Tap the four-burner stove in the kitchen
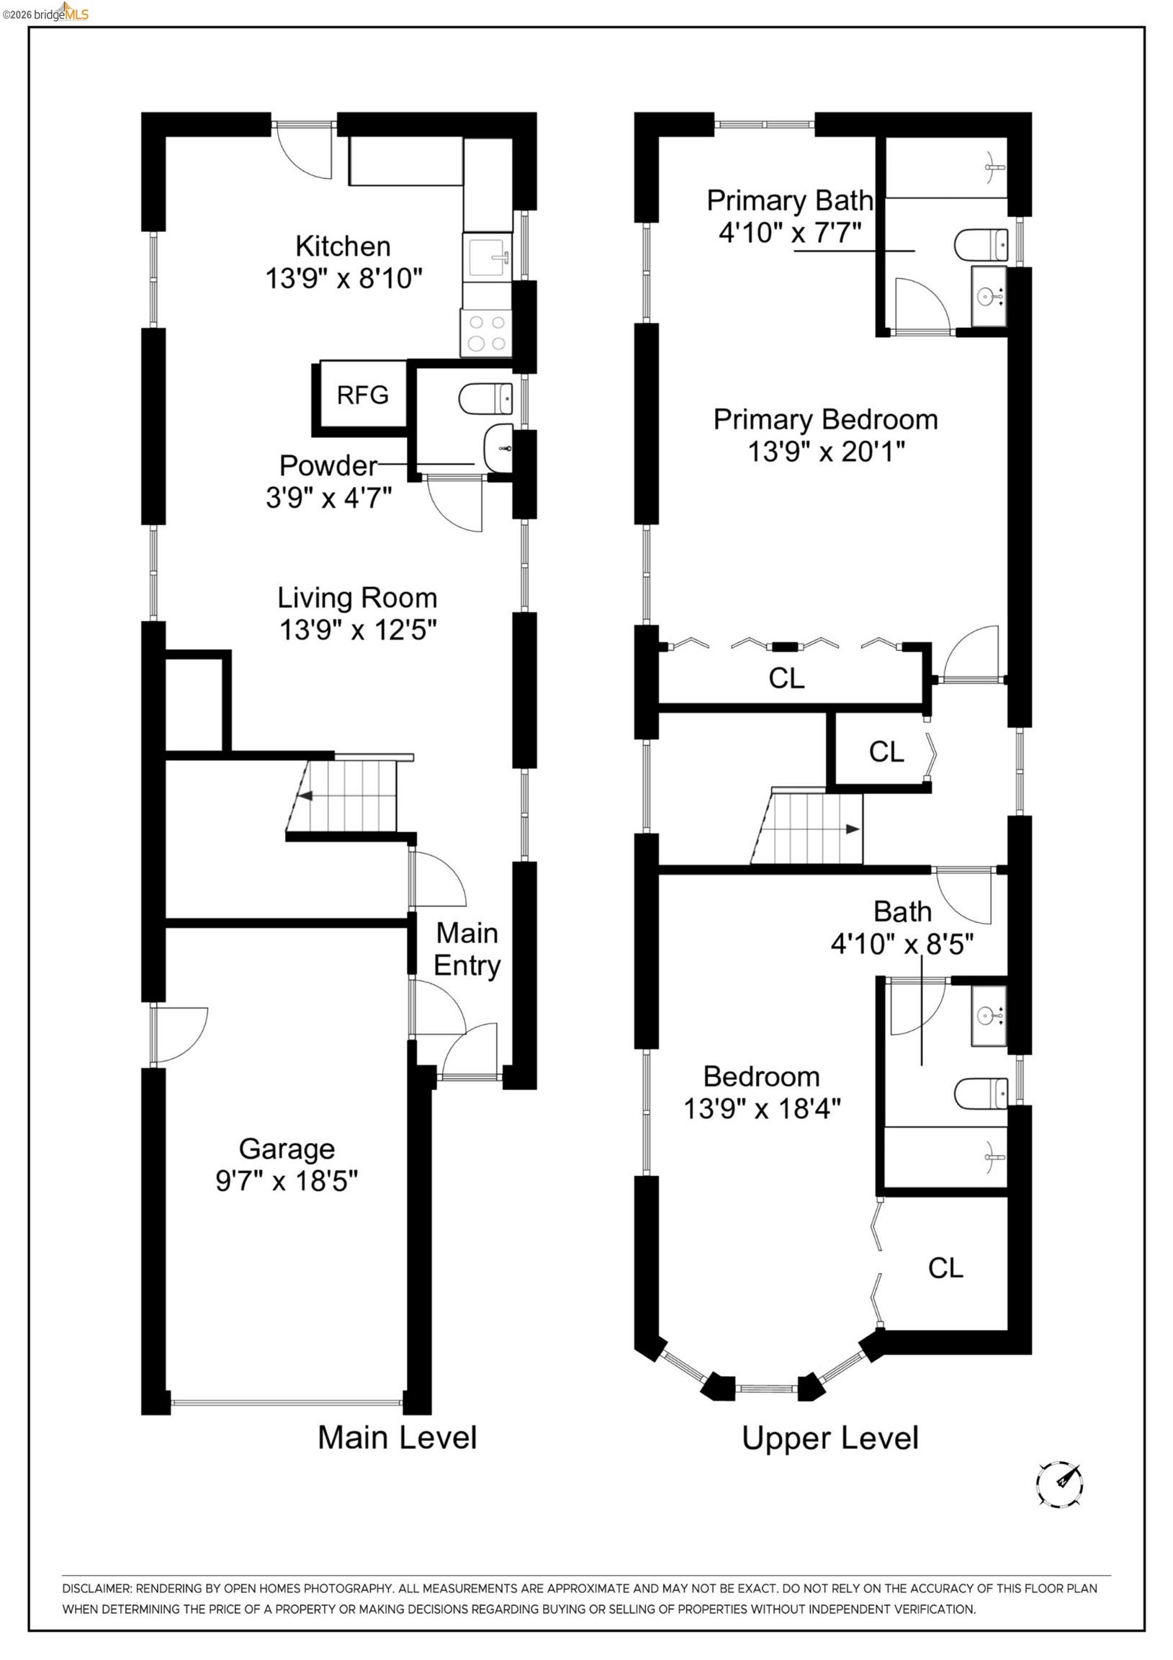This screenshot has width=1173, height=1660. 485,334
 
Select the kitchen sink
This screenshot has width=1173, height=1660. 487,256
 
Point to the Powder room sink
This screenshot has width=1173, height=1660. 499,448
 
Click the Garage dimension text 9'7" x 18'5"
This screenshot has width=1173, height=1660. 287,1181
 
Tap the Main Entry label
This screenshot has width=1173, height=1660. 467,950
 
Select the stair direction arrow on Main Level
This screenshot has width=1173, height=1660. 306,796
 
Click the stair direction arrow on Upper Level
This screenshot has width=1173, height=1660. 853,829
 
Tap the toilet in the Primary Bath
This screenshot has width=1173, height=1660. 981,245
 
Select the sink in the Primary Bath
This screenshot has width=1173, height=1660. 988,295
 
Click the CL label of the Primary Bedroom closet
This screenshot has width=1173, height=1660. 786,678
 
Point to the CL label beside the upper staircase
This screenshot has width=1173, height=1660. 886,752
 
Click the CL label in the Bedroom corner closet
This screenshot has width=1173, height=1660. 945,1268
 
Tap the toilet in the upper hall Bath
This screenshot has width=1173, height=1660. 981,1094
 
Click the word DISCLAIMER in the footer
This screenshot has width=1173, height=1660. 96,1589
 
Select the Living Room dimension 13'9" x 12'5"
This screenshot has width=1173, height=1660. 358,630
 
